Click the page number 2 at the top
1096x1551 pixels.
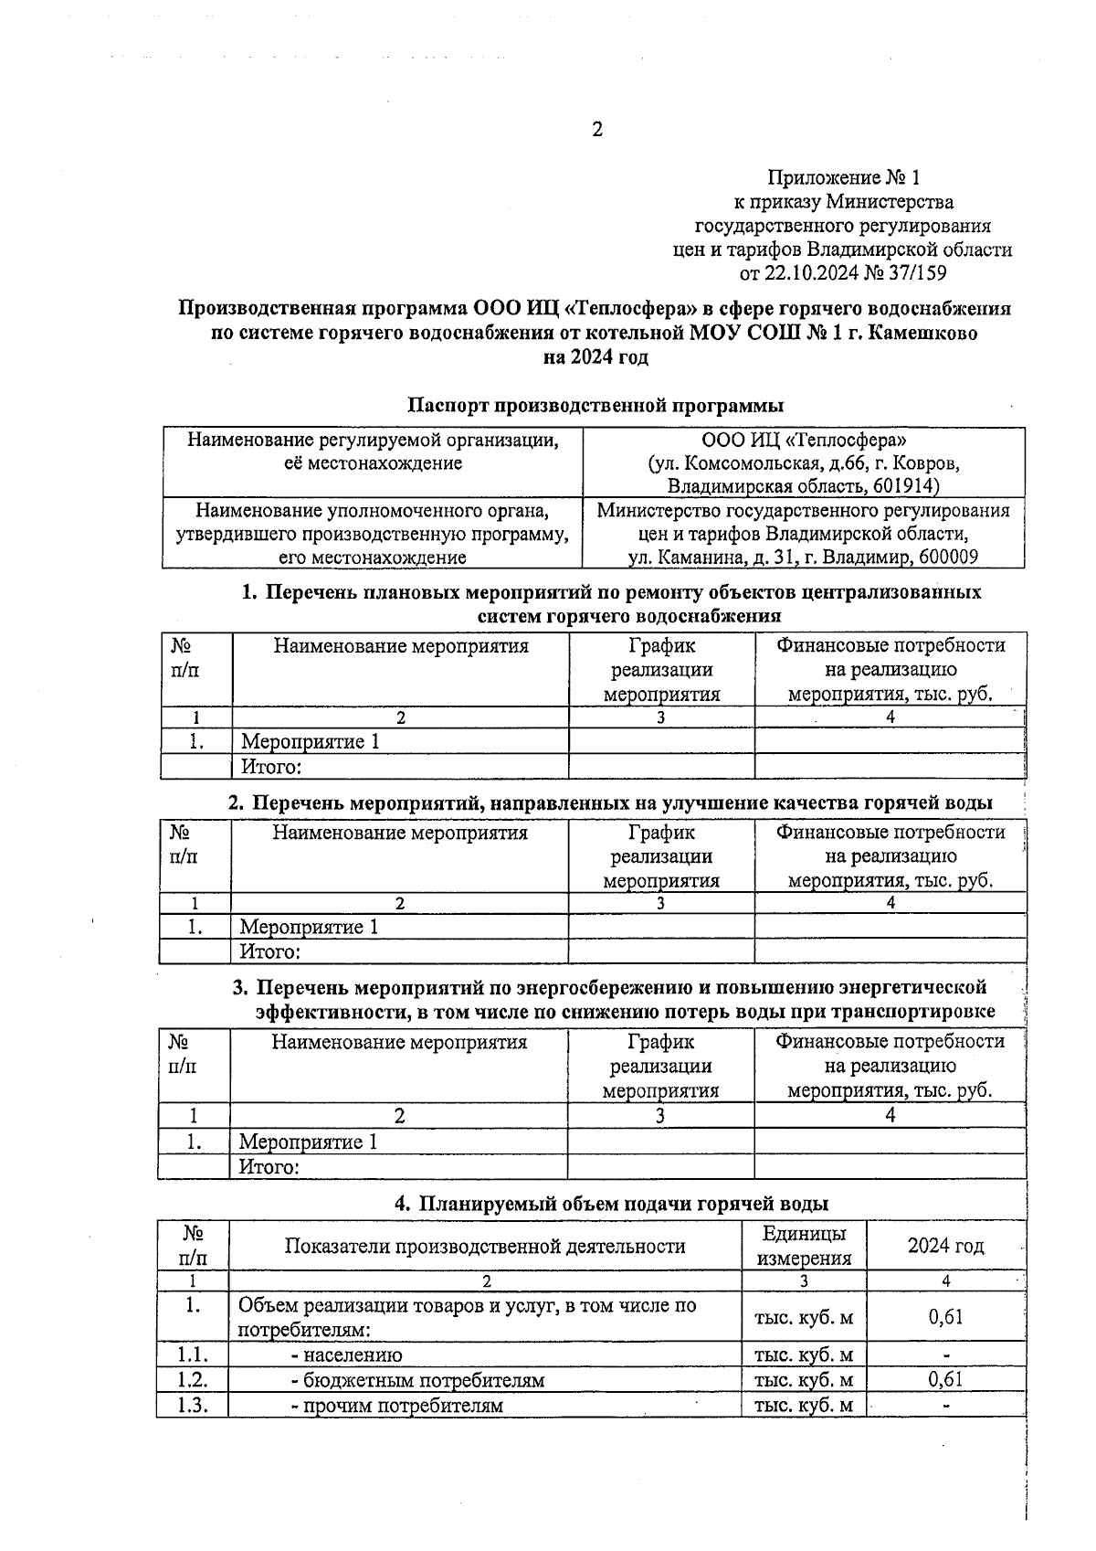(x=597, y=130)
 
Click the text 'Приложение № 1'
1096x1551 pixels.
(x=843, y=177)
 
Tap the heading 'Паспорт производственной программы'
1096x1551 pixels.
(x=595, y=405)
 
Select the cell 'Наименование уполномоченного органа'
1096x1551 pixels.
(x=373, y=510)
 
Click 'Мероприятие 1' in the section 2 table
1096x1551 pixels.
(x=309, y=928)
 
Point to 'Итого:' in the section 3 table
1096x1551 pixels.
(x=269, y=1167)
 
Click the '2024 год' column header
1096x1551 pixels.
(x=945, y=1246)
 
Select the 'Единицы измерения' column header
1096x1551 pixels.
(x=804, y=1246)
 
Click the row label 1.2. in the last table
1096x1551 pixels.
(x=193, y=1380)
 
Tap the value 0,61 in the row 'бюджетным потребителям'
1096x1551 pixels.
(x=945, y=1380)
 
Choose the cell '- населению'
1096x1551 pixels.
(x=346, y=1354)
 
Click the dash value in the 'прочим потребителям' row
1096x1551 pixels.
(x=946, y=1406)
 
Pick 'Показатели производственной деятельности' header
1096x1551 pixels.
(x=485, y=1246)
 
